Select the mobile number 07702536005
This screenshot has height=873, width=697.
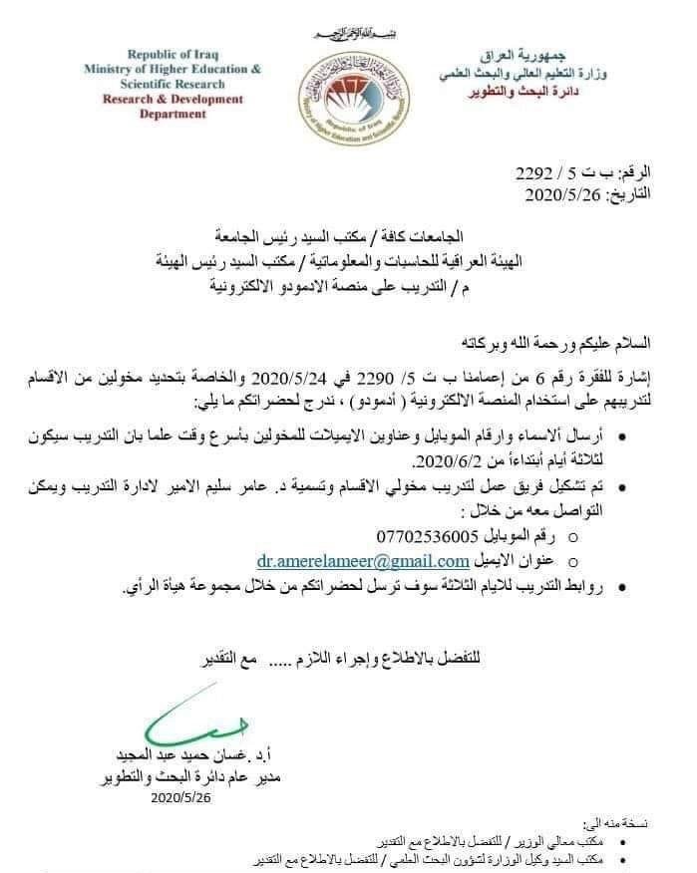click(423, 536)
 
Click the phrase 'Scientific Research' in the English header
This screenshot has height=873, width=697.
click(173, 84)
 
